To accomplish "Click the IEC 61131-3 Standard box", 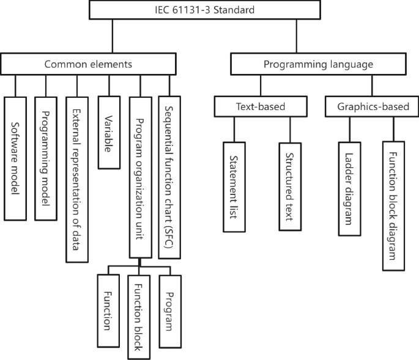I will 205,10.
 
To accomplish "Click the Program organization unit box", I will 140,177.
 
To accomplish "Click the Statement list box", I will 234,187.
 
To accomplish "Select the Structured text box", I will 290,187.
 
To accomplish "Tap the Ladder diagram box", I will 348,189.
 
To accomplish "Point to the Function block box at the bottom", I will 139,317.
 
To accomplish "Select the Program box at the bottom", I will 171,310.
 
